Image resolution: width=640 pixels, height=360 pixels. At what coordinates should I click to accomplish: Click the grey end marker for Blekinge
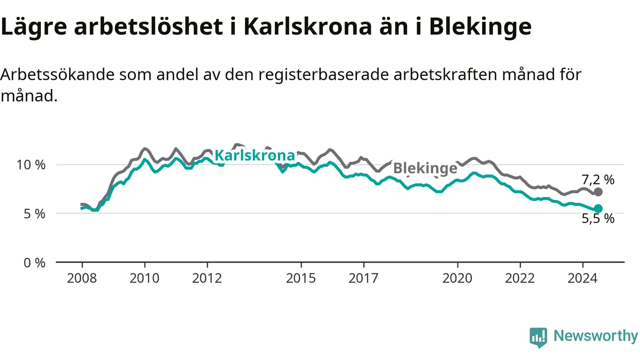[x=598, y=192]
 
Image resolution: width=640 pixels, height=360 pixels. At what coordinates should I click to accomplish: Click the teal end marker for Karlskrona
[x=598, y=208]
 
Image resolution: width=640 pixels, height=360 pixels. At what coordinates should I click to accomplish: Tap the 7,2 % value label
[x=598, y=179]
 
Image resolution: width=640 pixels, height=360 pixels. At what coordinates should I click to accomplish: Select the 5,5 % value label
[x=598, y=218]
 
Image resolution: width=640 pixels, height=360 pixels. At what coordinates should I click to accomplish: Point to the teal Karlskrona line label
[x=254, y=155]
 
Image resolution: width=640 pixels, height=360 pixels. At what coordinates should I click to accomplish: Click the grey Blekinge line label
[x=425, y=168]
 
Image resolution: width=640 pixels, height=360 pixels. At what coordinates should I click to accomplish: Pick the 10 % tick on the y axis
[x=31, y=165]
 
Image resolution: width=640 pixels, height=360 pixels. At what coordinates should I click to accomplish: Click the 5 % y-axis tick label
[x=34, y=213]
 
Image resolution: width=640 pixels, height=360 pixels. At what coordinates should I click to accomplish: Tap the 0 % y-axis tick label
[x=34, y=263]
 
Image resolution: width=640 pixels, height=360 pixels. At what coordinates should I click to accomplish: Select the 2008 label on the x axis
[x=82, y=278]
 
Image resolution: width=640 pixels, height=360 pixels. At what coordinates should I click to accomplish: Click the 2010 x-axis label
[x=144, y=278]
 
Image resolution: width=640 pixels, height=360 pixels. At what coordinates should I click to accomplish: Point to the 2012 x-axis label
[x=207, y=278]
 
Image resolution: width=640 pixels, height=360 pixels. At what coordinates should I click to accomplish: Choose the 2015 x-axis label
[x=301, y=278]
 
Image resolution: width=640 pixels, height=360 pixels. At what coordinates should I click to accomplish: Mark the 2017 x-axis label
[x=363, y=278]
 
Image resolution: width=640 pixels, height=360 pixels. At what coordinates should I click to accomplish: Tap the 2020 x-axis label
[x=457, y=278]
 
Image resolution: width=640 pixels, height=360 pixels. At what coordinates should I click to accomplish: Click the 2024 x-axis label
[x=582, y=278]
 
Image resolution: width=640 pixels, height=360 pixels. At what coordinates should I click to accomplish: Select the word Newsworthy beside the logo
[x=595, y=335]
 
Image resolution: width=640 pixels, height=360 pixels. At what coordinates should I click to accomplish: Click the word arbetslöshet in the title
[x=148, y=27]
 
